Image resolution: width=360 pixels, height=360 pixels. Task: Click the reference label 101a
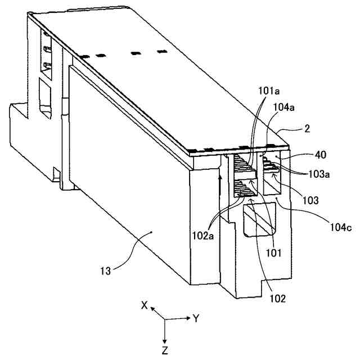269,91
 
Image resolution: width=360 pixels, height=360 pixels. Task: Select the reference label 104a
283,107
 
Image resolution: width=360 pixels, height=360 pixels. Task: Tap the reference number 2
307,129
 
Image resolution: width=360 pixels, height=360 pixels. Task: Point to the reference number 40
321,155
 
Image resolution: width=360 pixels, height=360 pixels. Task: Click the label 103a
319,174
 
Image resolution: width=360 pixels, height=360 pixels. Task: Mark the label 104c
341,227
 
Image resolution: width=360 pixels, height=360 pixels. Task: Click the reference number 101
273,253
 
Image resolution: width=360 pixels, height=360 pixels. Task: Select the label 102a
203,236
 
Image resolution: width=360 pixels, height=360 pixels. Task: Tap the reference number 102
277,299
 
